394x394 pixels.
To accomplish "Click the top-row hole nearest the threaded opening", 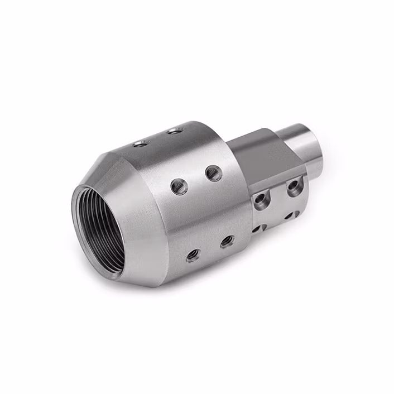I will (x=140, y=144).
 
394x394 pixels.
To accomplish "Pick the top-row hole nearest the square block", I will (x=175, y=131).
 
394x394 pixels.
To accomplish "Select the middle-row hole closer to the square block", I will (x=213, y=173).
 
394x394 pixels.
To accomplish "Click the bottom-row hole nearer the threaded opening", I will (x=193, y=255).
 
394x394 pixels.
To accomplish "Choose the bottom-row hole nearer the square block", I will (x=227, y=242).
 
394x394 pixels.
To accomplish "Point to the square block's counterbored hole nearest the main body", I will (x=261, y=198).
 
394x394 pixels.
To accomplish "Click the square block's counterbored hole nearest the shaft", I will (x=294, y=186).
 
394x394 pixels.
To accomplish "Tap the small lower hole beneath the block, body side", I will (x=257, y=228).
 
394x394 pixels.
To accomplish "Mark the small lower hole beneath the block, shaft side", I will (x=289, y=215).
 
